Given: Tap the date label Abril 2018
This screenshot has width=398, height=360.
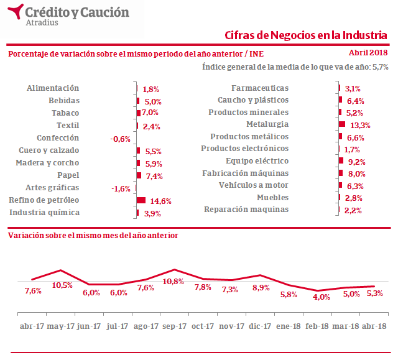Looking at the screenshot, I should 368,53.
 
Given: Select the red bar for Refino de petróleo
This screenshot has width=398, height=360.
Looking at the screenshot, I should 141,200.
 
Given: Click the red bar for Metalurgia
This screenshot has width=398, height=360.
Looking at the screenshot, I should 342,124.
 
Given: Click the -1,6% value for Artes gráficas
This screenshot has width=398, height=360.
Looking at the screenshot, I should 121,188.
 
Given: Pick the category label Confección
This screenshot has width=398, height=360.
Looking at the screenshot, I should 58,138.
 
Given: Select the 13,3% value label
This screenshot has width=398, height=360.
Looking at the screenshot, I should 360,125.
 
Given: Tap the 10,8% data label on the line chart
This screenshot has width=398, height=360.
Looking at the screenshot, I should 173,281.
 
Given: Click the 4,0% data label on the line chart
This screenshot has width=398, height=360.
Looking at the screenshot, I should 322,297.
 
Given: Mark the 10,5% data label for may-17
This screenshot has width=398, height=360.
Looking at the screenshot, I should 62,285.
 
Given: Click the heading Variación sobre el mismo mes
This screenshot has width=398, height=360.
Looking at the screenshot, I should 93,236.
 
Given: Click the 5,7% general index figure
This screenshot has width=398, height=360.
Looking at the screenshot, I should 381,67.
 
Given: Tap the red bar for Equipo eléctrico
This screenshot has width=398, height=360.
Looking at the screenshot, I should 341,161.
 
